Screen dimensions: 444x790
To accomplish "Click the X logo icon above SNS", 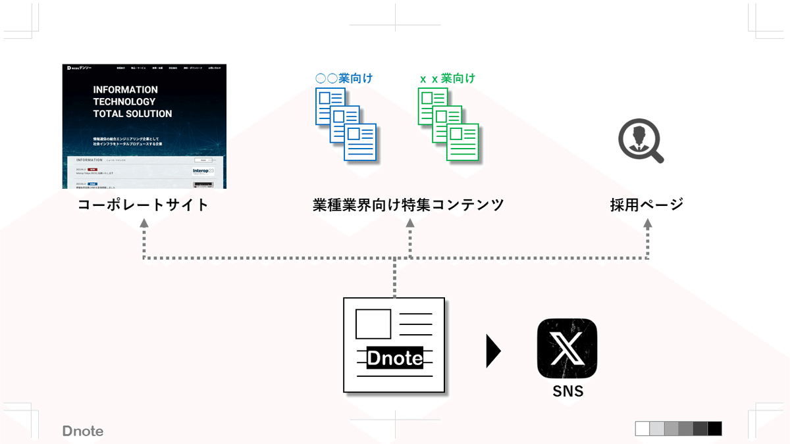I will point(567,349).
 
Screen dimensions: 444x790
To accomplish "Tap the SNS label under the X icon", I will point(567,391).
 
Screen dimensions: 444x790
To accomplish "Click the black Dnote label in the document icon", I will point(394,358).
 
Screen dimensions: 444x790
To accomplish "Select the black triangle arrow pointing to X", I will point(493,351).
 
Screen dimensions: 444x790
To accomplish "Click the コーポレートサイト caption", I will point(144,205).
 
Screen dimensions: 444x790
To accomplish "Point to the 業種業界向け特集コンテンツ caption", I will point(408,205).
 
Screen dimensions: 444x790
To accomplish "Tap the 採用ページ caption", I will point(646,205).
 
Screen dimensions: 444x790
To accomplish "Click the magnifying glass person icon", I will point(640,141).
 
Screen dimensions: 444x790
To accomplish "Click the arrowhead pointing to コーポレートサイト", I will point(144,224).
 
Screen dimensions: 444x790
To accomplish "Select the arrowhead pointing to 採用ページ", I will point(647,224).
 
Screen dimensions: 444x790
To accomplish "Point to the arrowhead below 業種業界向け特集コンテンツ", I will point(410,224).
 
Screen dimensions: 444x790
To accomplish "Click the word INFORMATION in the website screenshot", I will point(125,89).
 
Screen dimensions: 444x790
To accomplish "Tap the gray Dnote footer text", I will point(83,432).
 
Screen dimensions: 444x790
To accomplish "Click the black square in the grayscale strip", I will point(714,429).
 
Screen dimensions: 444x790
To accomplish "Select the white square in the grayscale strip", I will point(642,429).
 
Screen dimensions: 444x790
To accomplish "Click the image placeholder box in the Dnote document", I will point(373,323).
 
